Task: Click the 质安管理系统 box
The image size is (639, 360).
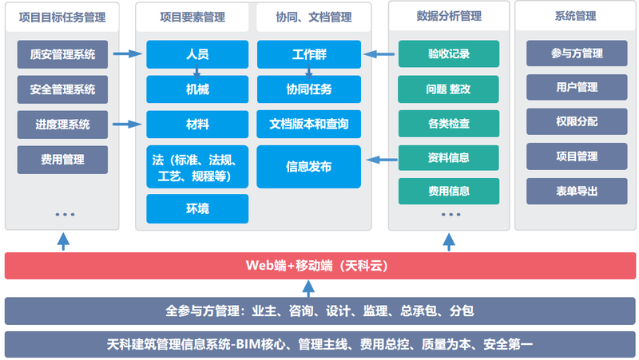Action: tap(62, 54)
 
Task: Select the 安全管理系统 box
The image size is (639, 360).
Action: tap(62, 89)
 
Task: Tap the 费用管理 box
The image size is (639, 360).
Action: tap(62, 160)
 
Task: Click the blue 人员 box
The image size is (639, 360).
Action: tap(197, 54)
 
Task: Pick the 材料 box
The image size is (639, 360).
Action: tap(197, 125)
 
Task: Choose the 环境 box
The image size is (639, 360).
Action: tap(197, 208)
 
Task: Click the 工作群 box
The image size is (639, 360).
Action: tap(309, 54)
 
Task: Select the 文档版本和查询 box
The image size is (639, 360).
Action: tap(309, 124)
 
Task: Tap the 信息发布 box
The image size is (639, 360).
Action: tap(309, 167)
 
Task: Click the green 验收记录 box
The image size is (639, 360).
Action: tap(449, 53)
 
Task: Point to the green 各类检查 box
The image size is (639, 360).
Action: tap(449, 124)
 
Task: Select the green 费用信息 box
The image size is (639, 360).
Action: tap(449, 191)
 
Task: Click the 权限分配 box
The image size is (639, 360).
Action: tap(577, 121)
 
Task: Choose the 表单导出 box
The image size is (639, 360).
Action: tap(577, 191)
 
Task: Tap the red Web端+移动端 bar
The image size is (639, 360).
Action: tap(320, 266)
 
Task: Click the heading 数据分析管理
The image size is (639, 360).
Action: tap(449, 16)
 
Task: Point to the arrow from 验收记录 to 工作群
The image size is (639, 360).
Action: tap(379, 53)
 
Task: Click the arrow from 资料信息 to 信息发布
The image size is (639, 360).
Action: tap(382, 160)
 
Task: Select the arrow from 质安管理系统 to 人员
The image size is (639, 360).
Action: tap(128, 53)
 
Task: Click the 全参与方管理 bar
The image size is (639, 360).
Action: tap(320, 311)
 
